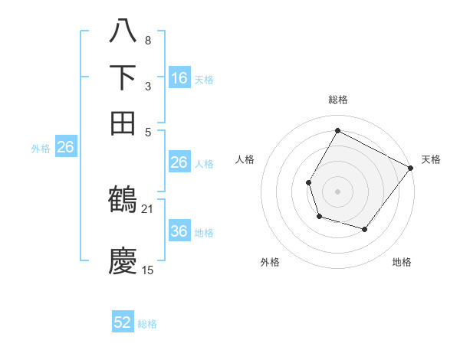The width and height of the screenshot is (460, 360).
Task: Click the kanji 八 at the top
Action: (x=123, y=32)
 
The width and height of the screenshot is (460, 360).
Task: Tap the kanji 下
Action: (x=123, y=77)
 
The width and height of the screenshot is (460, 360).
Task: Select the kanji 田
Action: (x=123, y=123)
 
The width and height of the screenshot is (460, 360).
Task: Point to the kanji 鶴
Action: (x=123, y=201)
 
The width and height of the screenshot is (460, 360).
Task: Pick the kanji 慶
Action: (x=123, y=260)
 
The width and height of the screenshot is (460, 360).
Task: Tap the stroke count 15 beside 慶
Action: (x=148, y=270)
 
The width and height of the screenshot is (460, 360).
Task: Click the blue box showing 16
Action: (x=179, y=77)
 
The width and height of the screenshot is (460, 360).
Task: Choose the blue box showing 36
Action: (x=179, y=231)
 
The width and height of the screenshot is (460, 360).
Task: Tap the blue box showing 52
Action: (x=123, y=322)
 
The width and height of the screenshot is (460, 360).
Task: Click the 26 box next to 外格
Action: (x=65, y=148)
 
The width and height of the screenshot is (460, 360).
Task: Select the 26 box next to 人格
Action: (x=179, y=162)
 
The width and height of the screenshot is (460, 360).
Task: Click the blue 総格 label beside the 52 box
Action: (x=147, y=324)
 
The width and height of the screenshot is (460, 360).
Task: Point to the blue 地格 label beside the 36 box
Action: (x=204, y=232)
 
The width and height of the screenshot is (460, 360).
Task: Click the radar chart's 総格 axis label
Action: (x=337, y=100)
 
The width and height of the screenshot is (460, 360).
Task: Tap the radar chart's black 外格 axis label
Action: (x=270, y=262)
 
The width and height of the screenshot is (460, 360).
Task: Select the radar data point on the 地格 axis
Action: (x=365, y=229)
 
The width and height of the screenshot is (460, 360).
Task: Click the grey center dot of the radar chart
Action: (x=337, y=191)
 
